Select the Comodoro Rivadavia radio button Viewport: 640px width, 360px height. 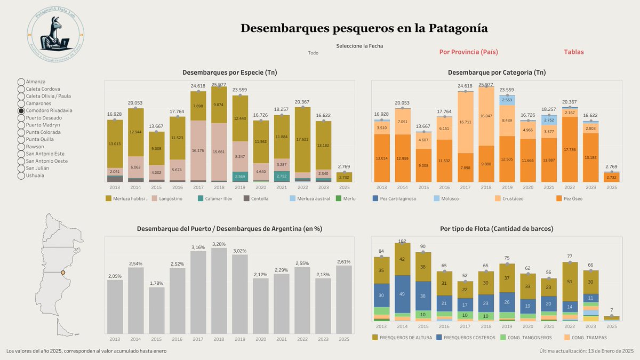(22, 110)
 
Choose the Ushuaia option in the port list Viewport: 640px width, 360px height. (22, 175)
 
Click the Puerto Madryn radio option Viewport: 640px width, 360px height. (22, 125)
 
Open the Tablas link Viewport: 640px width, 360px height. (573, 52)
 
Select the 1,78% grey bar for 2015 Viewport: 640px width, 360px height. (156, 310)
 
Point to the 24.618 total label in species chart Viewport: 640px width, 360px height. (198, 86)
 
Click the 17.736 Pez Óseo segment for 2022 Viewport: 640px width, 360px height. (570, 149)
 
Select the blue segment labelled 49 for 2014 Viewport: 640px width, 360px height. (402, 294)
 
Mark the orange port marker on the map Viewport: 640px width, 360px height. (63, 273)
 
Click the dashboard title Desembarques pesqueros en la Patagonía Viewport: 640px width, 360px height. (364, 28)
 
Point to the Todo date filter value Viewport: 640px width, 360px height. (313, 53)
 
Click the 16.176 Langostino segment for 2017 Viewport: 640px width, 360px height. (198, 150)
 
